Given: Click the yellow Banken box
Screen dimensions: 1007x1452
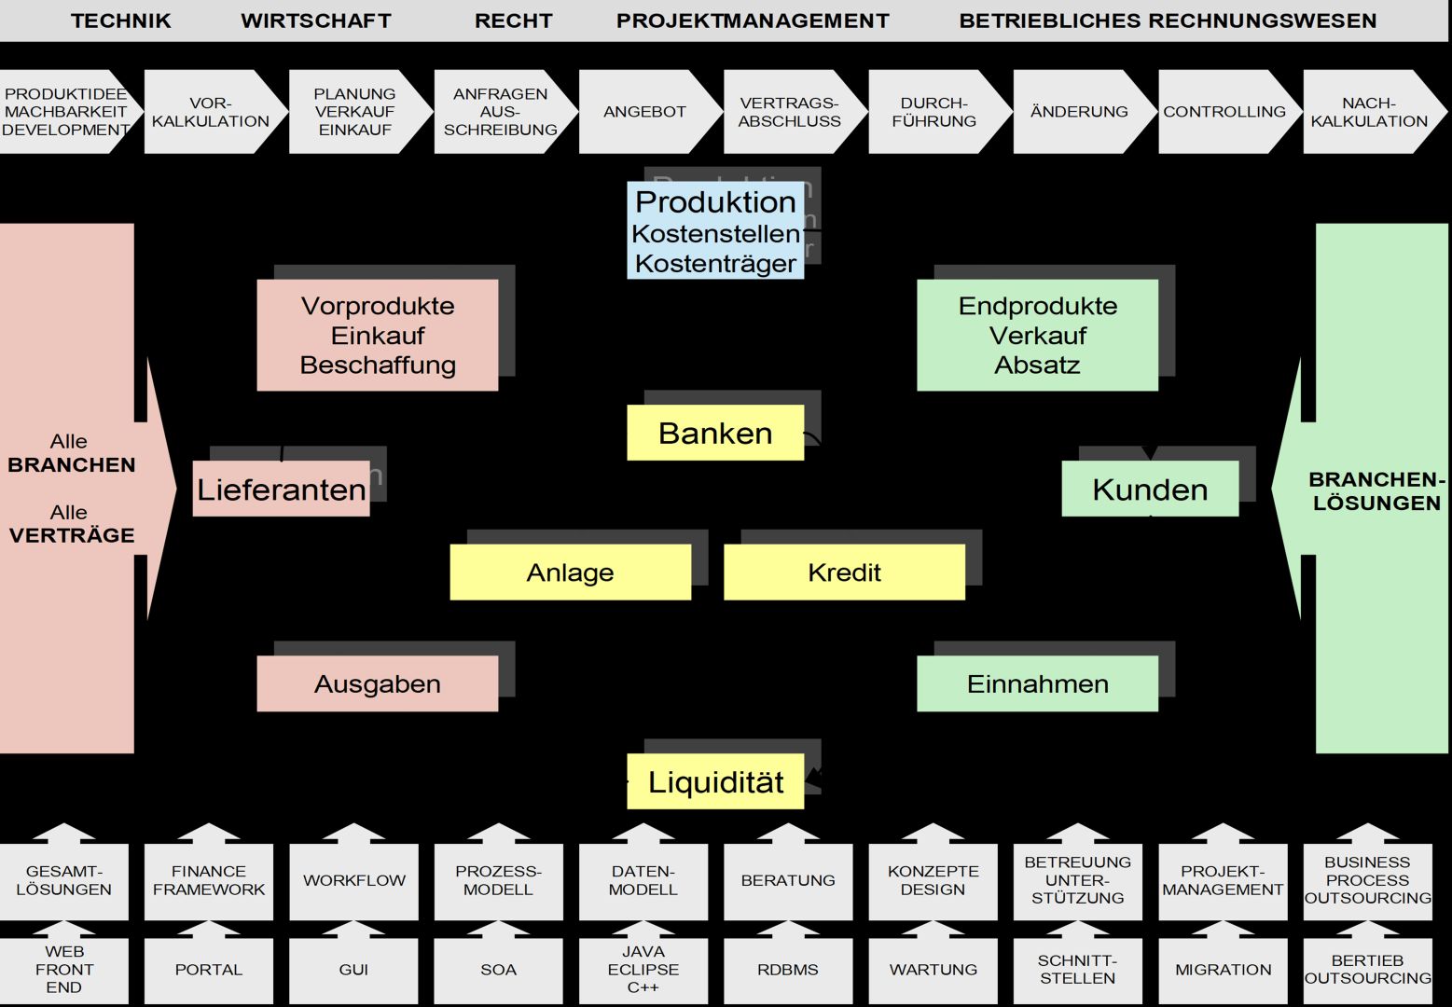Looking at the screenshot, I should coord(715,433).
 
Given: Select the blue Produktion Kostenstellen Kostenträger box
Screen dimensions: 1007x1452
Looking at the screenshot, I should coord(715,231).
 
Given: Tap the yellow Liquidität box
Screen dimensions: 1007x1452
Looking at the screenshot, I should coord(715,781).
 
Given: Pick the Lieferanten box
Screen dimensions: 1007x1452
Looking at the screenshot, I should coord(281,489).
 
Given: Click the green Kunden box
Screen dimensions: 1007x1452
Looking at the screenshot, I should coord(1150,489).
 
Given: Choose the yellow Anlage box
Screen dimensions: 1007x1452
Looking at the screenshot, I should coord(570,572).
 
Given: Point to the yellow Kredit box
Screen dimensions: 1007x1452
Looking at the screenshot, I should coord(844,572).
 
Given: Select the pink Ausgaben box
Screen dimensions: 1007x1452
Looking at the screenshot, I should coord(377,683).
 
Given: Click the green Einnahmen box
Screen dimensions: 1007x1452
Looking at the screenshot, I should coord(1037,683).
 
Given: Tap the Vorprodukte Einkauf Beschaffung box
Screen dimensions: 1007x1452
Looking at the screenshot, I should coord(377,335).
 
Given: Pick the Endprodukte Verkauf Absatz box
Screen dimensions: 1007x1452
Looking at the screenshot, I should coord(1037,335).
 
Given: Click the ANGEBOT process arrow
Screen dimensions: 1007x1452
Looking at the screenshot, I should coord(644,112).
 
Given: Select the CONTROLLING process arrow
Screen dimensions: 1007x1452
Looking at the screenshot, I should coord(1224,112).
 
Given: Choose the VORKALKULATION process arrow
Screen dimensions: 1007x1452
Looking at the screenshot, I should coord(211,112).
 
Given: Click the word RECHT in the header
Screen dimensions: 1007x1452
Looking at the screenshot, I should coord(513,21).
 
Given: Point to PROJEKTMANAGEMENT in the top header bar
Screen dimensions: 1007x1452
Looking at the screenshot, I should coord(753,21).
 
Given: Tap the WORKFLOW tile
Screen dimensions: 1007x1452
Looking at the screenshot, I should coord(353,880).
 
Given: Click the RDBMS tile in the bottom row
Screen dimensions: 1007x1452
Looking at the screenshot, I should coord(788,970).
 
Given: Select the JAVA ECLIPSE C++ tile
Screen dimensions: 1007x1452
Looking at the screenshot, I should coord(643,970).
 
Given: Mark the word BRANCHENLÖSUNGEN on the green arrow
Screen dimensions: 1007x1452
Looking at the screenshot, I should coord(1376,490).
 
